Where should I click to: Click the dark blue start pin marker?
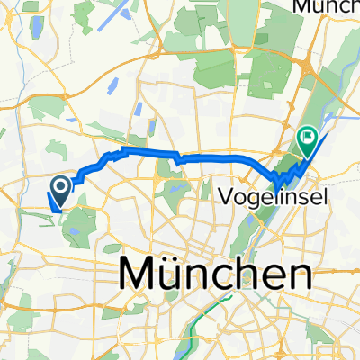tap(61, 187)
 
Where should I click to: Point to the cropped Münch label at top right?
tap(326, 6)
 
